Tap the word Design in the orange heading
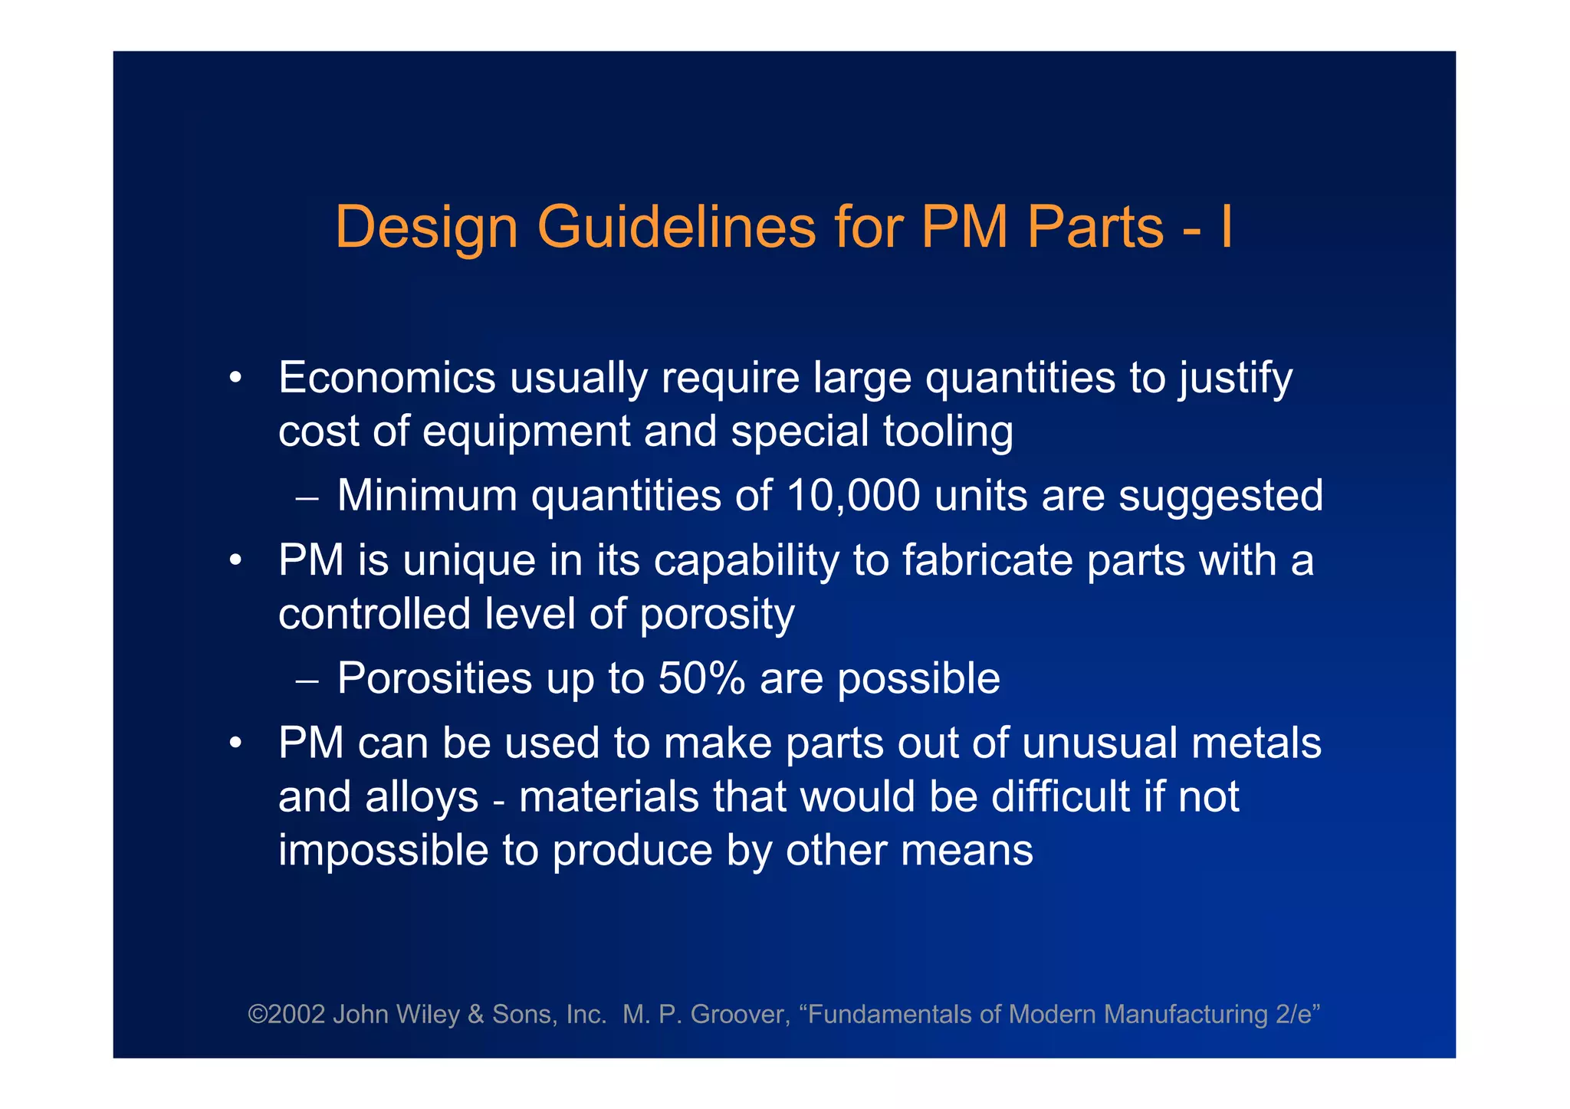point(426,228)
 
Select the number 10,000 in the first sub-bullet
point(852,496)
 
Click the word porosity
point(717,615)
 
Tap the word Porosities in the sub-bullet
point(435,678)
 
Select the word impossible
point(383,851)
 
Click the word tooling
point(948,431)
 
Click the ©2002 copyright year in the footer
point(287,1015)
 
